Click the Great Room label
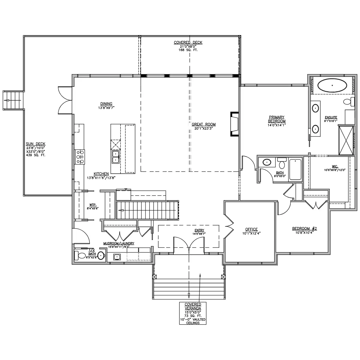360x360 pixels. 203,124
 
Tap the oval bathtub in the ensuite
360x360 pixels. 332,85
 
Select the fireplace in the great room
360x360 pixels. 235,124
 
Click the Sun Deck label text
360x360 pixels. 35,144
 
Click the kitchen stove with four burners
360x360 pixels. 80,157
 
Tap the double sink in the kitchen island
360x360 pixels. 115,157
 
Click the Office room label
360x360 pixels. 251,229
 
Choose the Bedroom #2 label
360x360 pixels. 304,228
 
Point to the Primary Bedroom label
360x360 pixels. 277,119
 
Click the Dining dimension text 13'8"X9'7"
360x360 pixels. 106,108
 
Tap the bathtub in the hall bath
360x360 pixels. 295,169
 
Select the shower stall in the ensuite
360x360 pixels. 346,140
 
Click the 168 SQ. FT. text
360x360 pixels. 188,50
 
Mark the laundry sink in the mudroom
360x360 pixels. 117,257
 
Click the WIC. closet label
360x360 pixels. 334,166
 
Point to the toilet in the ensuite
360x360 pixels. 349,101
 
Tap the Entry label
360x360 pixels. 199,230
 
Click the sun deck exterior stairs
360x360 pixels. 13,100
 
